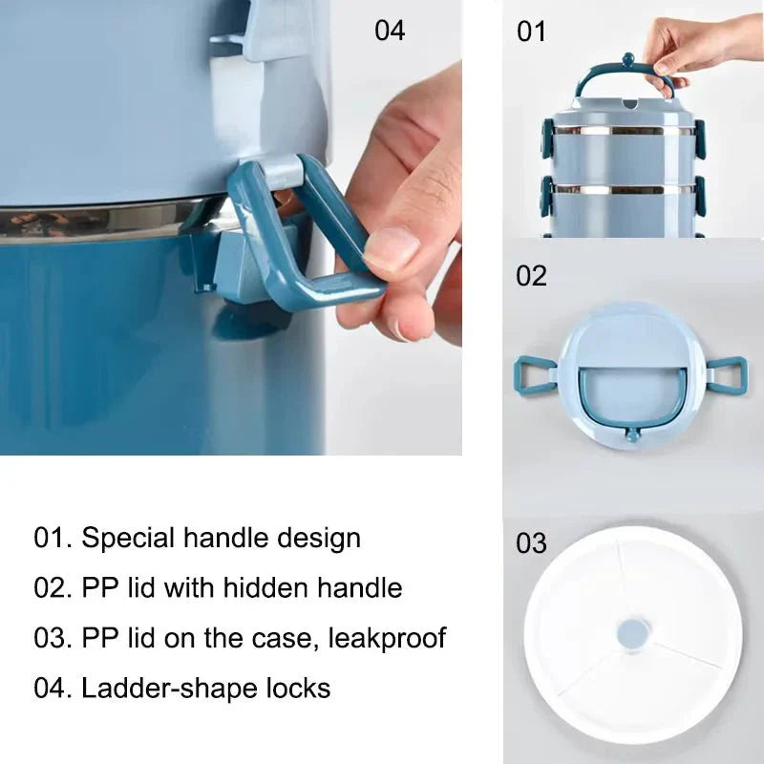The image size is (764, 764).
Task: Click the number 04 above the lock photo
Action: point(390,31)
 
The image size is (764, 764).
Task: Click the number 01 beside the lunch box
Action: point(531,32)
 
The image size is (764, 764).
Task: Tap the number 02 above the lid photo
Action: point(531,276)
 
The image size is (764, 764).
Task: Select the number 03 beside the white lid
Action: point(531,543)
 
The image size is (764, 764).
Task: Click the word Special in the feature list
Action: point(128,539)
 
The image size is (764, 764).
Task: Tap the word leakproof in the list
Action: point(388,639)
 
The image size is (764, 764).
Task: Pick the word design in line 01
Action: point(319,539)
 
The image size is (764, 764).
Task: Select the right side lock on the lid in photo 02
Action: point(726,374)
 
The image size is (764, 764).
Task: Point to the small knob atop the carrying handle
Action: point(628,59)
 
